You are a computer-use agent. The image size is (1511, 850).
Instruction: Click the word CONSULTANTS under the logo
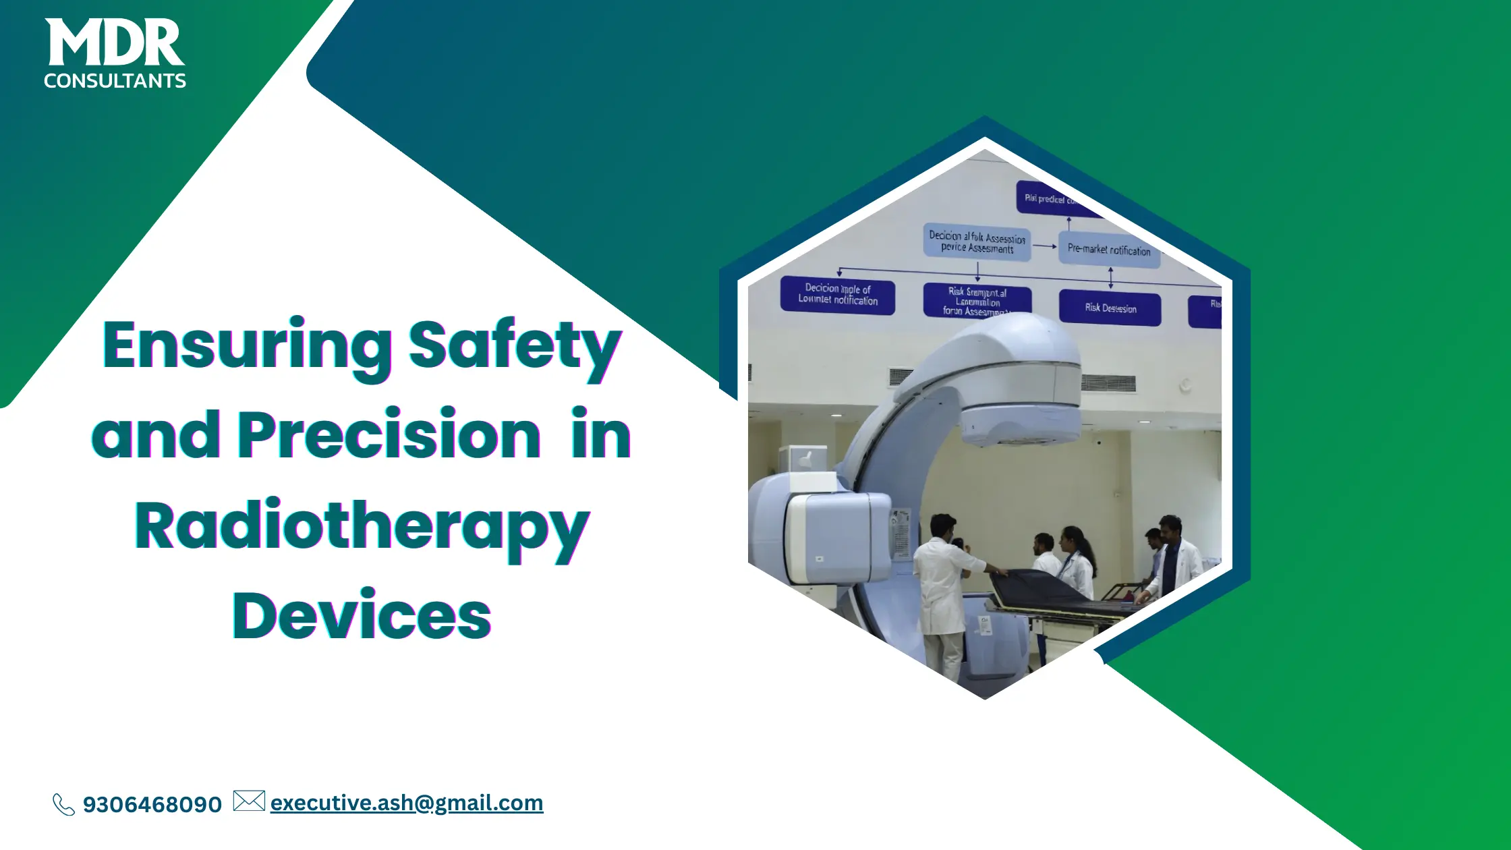click(115, 81)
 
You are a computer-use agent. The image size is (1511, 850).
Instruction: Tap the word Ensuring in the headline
click(247, 345)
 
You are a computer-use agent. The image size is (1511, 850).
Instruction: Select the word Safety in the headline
click(514, 345)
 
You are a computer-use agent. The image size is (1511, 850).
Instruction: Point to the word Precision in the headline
click(389, 434)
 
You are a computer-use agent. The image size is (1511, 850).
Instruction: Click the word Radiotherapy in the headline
click(362, 526)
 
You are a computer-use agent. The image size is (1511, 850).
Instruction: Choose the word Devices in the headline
click(362, 615)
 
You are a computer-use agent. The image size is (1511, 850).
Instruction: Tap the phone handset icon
click(63, 804)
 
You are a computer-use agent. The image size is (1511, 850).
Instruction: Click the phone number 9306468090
click(152, 804)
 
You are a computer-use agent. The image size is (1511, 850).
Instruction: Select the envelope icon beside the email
click(249, 801)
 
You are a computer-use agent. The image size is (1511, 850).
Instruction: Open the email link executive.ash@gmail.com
click(406, 803)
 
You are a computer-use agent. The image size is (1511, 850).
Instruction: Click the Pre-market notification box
click(1108, 250)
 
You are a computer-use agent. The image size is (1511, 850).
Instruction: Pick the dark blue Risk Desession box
click(1110, 308)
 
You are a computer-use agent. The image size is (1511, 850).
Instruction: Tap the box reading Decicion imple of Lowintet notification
click(837, 295)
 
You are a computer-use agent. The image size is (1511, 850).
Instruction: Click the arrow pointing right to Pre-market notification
click(1045, 246)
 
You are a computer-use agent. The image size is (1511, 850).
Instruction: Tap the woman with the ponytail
click(1077, 560)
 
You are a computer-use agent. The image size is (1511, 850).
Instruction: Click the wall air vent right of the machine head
click(1108, 384)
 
